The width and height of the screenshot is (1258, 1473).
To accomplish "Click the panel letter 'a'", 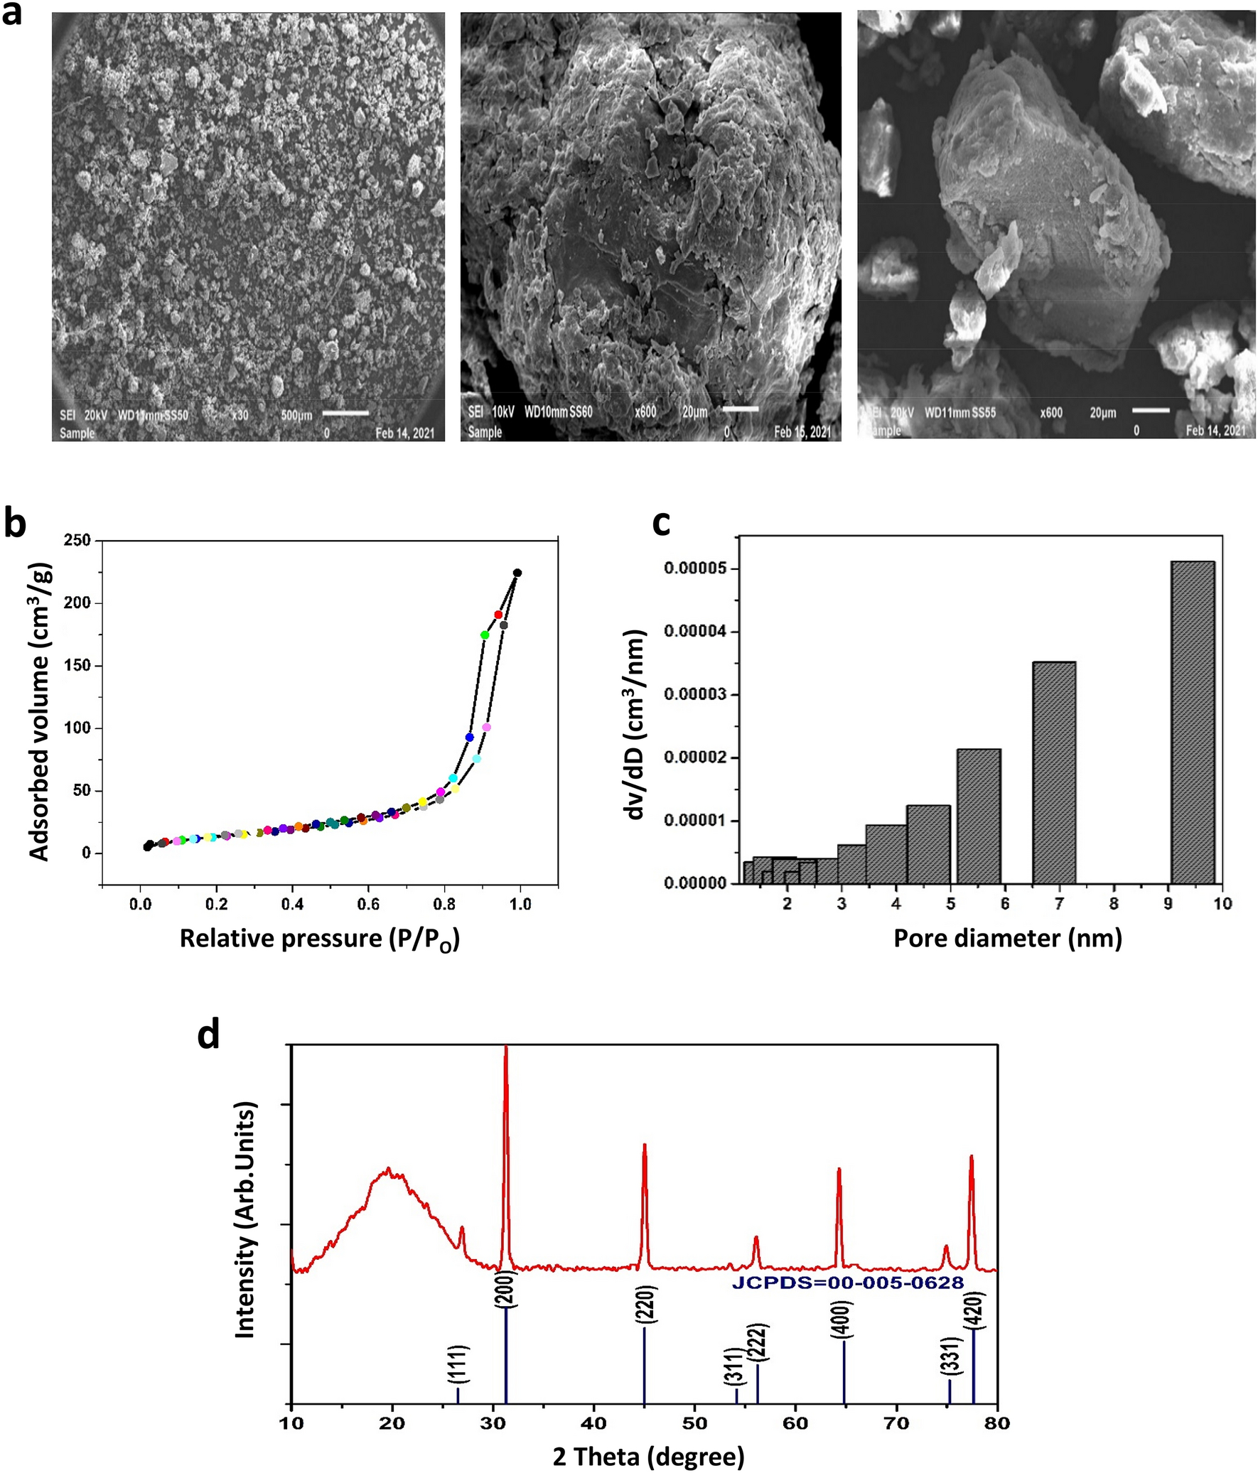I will click(12, 14).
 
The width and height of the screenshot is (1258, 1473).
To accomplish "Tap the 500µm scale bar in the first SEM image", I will click(345, 412).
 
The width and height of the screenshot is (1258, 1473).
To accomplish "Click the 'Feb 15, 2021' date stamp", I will click(802, 431).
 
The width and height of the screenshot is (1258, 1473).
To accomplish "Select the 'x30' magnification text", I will click(240, 414).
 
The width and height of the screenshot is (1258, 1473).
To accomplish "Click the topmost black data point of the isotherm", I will click(517, 573).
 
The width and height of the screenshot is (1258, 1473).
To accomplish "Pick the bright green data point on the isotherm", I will click(485, 635).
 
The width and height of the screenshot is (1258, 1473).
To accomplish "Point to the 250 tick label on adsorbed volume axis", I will click(77, 541).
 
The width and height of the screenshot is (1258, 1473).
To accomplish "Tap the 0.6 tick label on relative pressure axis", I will click(367, 905).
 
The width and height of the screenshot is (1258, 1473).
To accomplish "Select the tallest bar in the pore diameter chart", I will click(1193, 721).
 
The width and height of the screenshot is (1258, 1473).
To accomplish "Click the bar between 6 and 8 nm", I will click(1053, 772).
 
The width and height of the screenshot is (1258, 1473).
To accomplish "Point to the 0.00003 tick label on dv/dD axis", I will click(697, 694).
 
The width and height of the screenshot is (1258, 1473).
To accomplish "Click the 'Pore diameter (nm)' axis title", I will click(1008, 939).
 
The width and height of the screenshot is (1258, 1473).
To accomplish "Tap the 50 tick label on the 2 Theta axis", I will click(695, 1423).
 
